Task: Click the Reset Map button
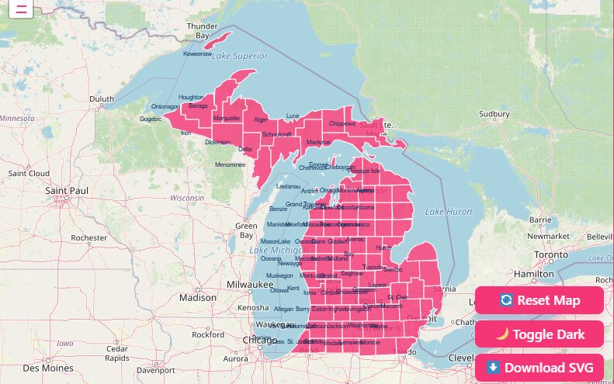click(x=539, y=300)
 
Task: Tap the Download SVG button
click(x=539, y=367)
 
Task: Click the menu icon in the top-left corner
click(x=21, y=9)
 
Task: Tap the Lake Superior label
click(x=239, y=56)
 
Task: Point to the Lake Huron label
click(x=448, y=211)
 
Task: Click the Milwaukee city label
click(x=250, y=285)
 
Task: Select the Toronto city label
click(x=552, y=254)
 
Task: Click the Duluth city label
click(x=101, y=99)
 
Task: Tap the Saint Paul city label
click(x=67, y=190)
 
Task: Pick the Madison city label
click(x=197, y=297)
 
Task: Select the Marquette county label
click(x=226, y=119)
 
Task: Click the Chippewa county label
click(x=342, y=123)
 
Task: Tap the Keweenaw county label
click(x=196, y=54)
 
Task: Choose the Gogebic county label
click(x=151, y=119)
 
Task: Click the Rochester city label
click(x=88, y=237)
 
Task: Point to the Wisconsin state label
click(x=186, y=198)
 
